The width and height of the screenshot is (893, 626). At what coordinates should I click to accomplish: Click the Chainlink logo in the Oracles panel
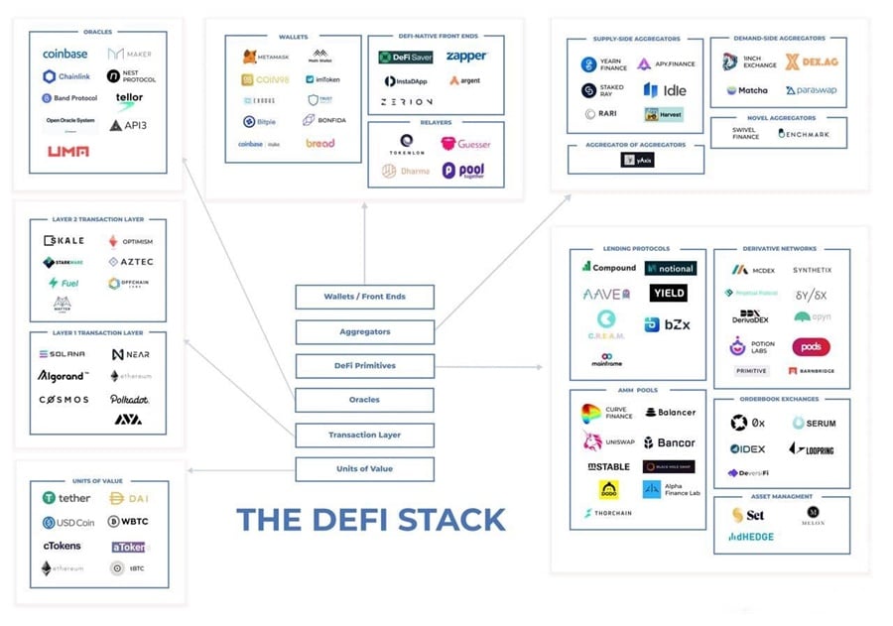(68, 76)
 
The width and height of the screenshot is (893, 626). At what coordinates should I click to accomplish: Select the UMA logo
(67, 151)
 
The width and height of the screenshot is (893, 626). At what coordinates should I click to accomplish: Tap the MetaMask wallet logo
(264, 57)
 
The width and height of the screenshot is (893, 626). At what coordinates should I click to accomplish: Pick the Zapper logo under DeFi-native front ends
(466, 57)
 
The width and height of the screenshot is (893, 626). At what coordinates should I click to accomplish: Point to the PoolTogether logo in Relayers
(463, 171)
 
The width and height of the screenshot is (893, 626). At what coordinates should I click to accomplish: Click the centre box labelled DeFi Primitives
(364, 365)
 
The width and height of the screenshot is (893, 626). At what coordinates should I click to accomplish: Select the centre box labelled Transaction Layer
(364, 435)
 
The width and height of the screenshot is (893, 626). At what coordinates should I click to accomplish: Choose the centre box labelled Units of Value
(364, 469)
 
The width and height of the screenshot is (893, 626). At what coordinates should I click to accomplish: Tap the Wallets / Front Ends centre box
(364, 296)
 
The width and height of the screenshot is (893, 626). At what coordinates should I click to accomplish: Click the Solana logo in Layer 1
(62, 354)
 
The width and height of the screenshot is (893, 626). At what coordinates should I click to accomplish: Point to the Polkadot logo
(130, 399)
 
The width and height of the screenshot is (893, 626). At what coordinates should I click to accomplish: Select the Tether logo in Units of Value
(66, 498)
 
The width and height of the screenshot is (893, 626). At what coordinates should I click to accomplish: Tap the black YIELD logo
(668, 294)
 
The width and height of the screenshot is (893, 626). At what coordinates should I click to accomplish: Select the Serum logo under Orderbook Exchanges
(814, 423)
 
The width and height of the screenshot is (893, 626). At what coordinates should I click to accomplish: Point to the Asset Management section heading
(781, 496)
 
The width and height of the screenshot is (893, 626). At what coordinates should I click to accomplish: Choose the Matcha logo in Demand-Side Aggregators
(746, 90)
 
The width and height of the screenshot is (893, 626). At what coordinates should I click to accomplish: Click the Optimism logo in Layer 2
(130, 241)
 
